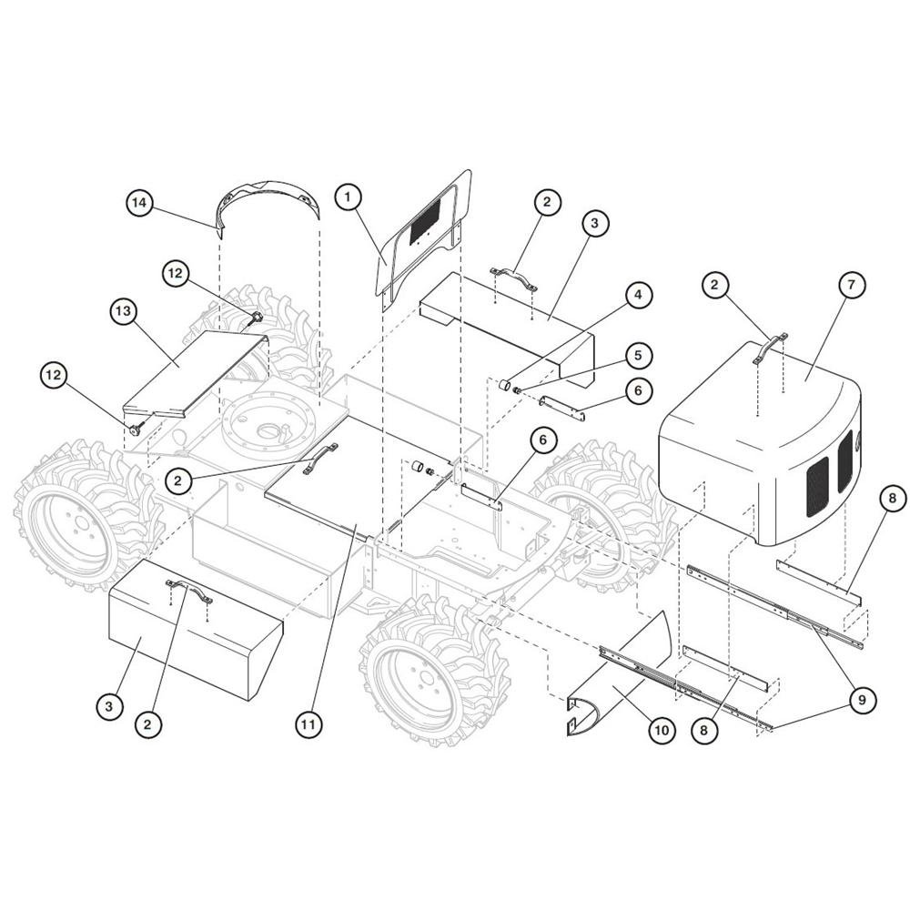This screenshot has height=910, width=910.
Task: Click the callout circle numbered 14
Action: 139,204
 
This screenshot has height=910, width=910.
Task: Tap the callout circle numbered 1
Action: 348,197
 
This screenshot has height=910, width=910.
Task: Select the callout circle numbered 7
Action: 852,284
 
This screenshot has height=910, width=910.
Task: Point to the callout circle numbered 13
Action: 123,311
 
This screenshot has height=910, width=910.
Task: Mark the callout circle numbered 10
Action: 662,730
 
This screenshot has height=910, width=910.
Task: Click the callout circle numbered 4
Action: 639,295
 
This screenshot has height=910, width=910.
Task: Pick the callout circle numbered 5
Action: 639,355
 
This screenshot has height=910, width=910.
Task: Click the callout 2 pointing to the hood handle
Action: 714,284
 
